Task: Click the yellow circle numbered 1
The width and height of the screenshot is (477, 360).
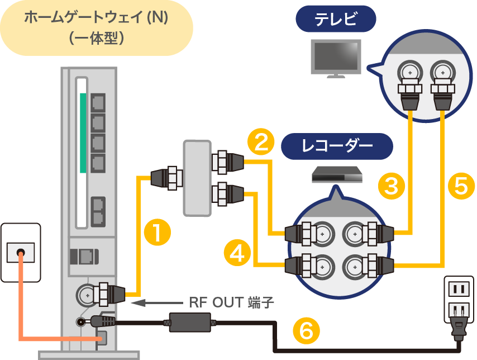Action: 157,233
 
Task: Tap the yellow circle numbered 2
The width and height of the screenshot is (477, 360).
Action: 260,141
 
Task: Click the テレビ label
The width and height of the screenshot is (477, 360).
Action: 336,20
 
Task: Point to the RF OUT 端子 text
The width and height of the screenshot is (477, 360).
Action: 231,303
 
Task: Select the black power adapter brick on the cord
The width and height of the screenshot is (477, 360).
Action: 190,321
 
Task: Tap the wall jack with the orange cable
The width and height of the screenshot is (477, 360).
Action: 21,252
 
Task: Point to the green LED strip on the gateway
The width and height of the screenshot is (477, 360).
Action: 83,132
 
